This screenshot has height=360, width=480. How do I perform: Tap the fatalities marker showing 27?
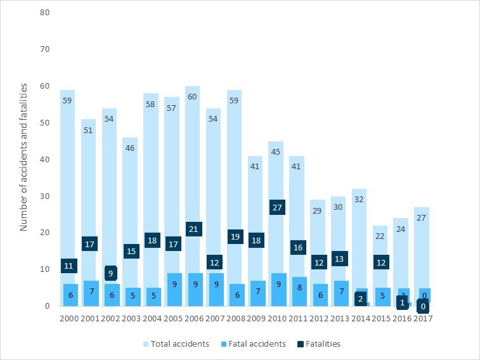(277, 207)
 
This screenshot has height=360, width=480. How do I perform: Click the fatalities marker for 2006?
(194, 229)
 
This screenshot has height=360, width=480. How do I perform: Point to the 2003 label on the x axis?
(132, 317)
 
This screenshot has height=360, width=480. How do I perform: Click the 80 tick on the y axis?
(44, 13)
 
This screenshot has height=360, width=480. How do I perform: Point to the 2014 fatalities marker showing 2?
(360, 299)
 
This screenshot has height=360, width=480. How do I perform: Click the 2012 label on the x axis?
(319, 317)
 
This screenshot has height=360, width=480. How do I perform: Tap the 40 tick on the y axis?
(44, 159)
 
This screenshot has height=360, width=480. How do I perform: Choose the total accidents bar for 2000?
(70, 158)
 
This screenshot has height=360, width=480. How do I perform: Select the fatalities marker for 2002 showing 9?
(111, 273)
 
